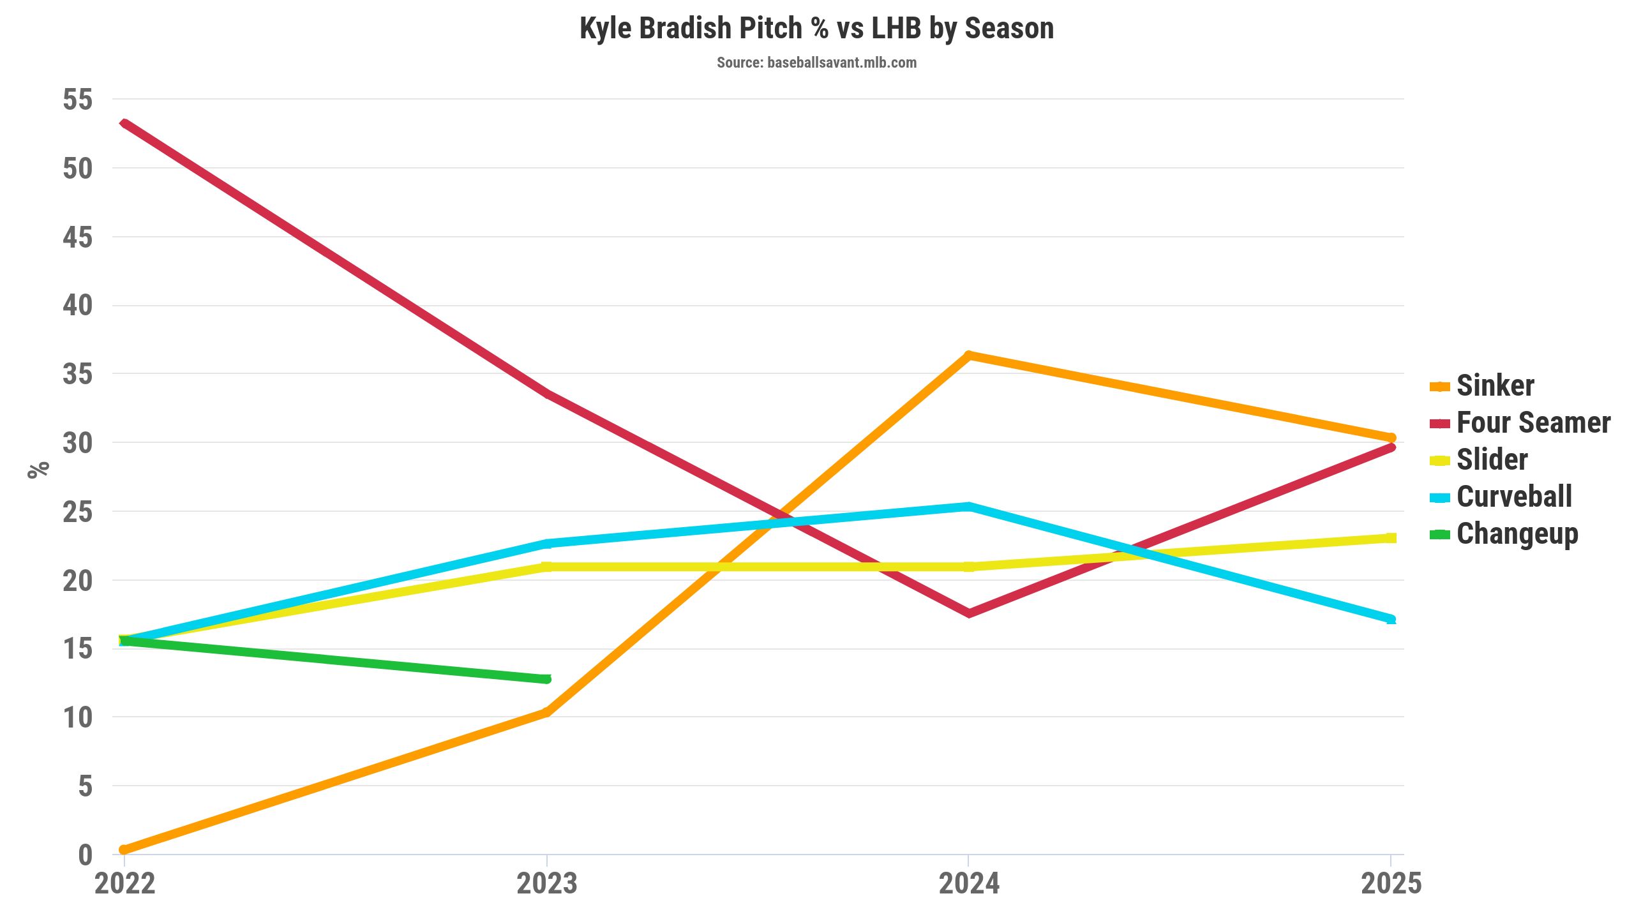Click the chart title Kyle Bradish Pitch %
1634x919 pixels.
(x=816, y=29)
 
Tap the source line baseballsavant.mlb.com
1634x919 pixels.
(x=816, y=63)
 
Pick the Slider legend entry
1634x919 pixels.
(x=1492, y=459)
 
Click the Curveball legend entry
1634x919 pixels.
(x=1513, y=497)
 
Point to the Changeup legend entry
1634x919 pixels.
(x=1517, y=534)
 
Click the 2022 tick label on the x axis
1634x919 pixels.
(x=124, y=884)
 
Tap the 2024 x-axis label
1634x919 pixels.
(x=969, y=884)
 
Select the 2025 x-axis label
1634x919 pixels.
(x=1391, y=884)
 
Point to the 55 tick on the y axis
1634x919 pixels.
(x=77, y=100)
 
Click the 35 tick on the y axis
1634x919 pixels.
(x=77, y=374)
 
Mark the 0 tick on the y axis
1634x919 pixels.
(x=85, y=855)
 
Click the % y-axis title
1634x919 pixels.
(x=38, y=469)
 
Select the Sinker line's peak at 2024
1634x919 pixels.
(x=969, y=355)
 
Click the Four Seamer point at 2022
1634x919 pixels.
(x=124, y=123)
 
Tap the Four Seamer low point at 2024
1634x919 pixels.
(x=969, y=613)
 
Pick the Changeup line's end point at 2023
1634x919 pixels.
(x=546, y=679)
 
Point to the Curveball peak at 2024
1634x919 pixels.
(x=969, y=507)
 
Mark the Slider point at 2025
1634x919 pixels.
(x=1391, y=538)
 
